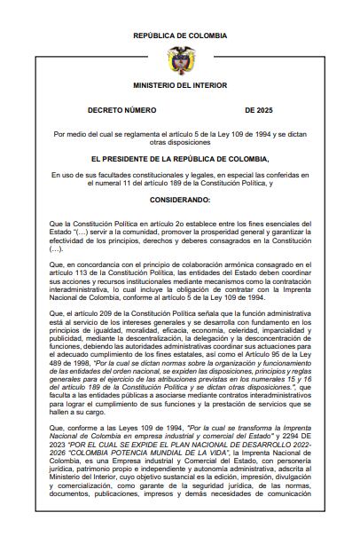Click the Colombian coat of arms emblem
click(x=179, y=59)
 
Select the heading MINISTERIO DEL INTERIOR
click(x=179, y=86)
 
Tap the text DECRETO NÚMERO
click(x=122, y=110)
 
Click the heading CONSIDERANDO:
click(x=180, y=201)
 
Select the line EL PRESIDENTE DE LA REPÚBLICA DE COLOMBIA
click(x=180, y=158)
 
